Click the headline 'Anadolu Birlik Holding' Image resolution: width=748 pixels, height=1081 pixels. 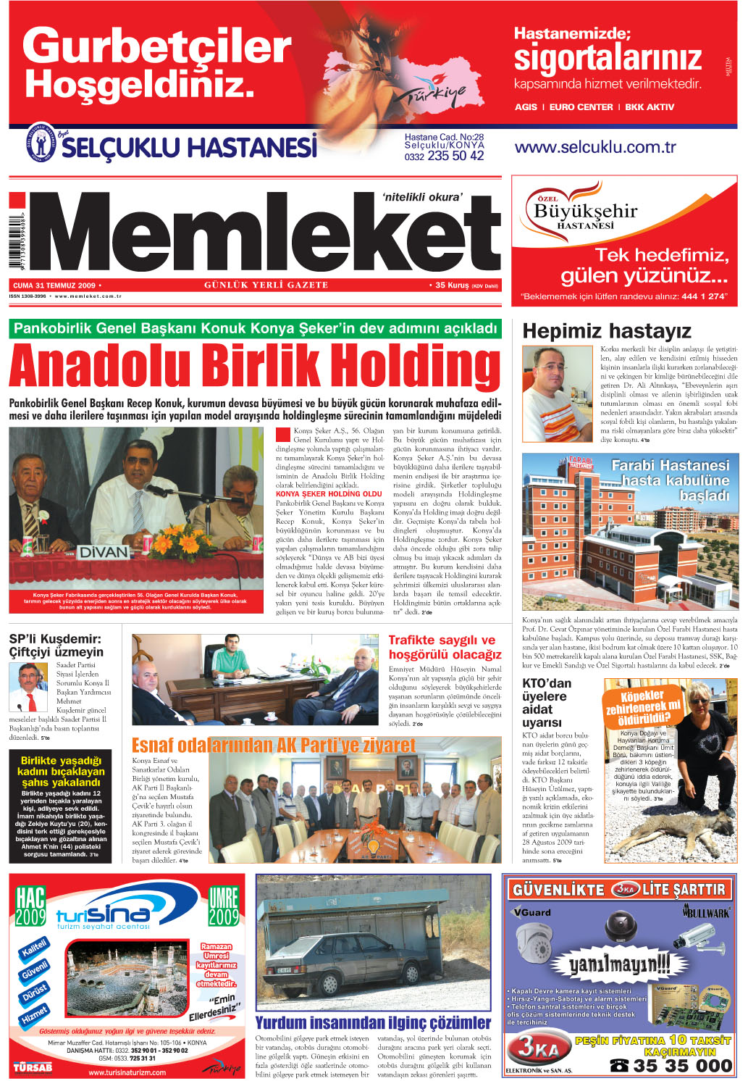point(254,366)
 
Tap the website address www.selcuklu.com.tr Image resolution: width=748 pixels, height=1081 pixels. point(594,147)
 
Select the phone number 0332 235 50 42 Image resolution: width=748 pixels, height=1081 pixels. point(444,156)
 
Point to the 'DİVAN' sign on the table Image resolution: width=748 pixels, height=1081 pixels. point(104,552)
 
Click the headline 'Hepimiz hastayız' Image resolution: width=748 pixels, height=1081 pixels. point(606,332)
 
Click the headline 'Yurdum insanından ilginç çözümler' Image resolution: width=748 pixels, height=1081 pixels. point(373,1022)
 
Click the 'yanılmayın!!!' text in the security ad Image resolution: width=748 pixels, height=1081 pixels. point(618,964)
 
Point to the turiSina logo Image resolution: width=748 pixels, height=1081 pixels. point(103,917)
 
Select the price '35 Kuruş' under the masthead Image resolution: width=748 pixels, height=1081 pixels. point(452,285)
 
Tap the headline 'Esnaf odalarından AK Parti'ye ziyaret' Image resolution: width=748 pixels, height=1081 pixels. point(274,746)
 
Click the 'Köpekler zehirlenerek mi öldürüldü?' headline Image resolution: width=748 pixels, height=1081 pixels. point(643,706)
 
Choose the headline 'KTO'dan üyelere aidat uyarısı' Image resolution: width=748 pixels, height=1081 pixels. point(547,703)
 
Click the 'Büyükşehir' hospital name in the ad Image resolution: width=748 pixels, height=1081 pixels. point(585,212)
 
